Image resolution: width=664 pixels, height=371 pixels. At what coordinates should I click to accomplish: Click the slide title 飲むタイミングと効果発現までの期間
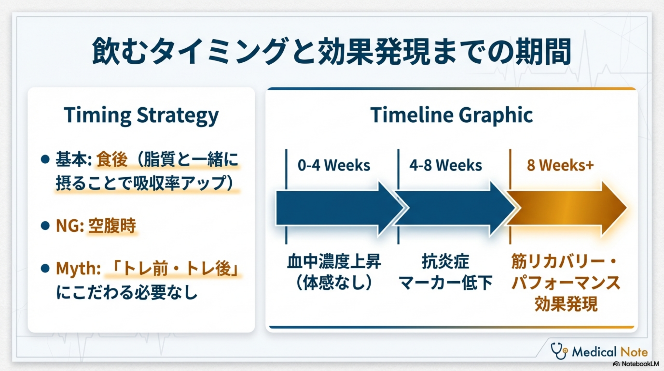[x=332, y=51]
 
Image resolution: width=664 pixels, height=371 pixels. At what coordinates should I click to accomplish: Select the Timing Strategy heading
[x=141, y=115]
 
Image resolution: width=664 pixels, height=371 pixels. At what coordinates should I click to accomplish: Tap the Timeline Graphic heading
[x=451, y=115]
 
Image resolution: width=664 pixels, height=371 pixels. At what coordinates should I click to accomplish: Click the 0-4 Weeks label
[x=334, y=165]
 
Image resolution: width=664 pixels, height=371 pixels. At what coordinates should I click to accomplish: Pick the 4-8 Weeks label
[x=446, y=165]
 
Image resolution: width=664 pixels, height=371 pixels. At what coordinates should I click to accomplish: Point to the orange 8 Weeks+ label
[x=560, y=165]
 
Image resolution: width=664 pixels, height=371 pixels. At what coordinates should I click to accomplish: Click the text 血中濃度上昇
[x=334, y=261]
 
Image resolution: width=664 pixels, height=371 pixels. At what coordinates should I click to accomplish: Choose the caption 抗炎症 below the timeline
[x=446, y=261]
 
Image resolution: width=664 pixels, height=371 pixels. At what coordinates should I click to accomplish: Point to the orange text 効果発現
[x=566, y=303]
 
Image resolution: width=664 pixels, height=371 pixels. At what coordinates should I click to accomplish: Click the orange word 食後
[x=112, y=159]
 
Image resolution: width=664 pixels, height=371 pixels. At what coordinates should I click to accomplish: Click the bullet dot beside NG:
[x=45, y=225]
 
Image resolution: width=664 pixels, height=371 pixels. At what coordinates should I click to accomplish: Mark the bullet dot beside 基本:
[x=45, y=159]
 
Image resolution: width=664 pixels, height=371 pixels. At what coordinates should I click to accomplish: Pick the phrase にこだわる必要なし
[x=127, y=292]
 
